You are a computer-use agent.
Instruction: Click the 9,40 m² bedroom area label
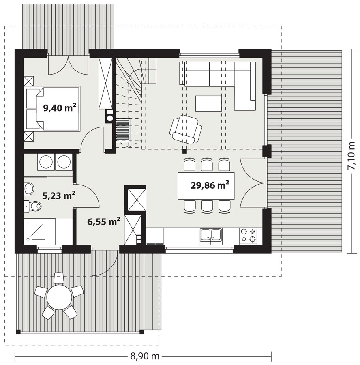click(60, 107)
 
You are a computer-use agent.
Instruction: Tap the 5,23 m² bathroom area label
click(59, 195)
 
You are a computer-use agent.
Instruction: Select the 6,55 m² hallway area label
click(104, 221)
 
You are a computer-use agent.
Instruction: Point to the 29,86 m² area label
click(210, 185)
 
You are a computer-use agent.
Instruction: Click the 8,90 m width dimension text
click(145, 356)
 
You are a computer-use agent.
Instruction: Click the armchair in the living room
click(186, 130)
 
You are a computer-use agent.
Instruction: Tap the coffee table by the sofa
click(208, 103)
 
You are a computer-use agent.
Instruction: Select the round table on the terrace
click(59, 297)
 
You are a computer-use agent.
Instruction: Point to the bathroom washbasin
click(29, 188)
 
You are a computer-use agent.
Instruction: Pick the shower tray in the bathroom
click(40, 232)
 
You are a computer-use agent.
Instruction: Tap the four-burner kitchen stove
click(248, 236)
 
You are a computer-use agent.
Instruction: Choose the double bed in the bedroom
click(52, 109)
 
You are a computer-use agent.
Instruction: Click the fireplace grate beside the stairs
click(123, 130)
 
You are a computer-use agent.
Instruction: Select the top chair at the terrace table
click(59, 278)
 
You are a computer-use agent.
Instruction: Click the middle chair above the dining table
click(207, 165)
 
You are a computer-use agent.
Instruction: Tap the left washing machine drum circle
click(46, 162)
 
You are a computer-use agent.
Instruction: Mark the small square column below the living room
click(184, 151)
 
